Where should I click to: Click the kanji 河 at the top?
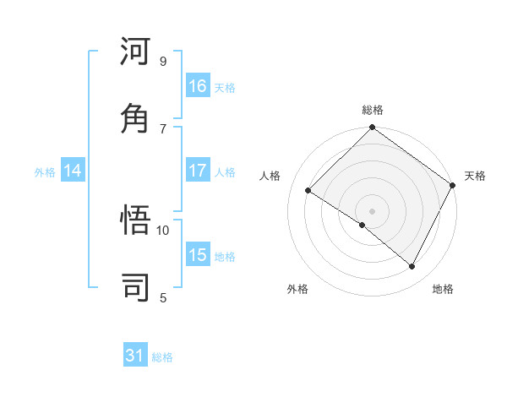(x=136, y=52)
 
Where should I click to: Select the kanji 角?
(x=136, y=118)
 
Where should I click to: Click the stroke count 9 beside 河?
(x=163, y=62)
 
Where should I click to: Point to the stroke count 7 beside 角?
(x=163, y=128)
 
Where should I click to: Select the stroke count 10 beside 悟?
(x=163, y=230)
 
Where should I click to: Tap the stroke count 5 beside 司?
(x=163, y=296)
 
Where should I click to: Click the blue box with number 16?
(x=198, y=86)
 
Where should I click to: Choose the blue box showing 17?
(x=198, y=171)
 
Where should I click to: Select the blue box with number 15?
(x=198, y=255)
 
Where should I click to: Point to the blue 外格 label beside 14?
(x=45, y=171)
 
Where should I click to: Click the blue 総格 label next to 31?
(x=162, y=357)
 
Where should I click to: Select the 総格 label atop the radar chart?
(x=372, y=111)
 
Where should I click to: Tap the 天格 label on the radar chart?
(x=475, y=176)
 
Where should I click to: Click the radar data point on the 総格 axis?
(x=372, y=128)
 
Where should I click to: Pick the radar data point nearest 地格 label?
(x=412, y=267)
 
